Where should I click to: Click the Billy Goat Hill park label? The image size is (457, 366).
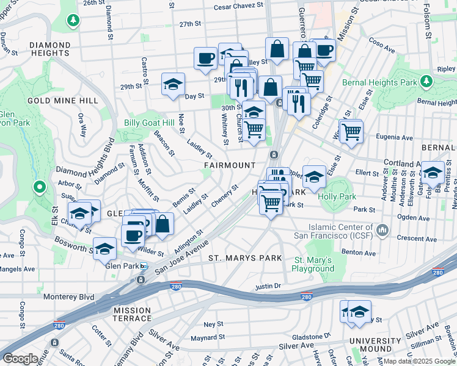click(150, 122)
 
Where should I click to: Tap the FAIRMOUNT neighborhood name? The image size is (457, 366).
click(230, 165)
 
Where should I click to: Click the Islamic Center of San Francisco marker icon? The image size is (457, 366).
click(383, 229)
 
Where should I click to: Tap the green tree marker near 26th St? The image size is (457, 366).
click(73, 21)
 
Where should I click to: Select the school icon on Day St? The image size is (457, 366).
click(174, 84)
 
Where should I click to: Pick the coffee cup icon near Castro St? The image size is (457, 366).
click(206, 58)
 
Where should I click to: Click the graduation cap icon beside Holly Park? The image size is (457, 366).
click(314, 177)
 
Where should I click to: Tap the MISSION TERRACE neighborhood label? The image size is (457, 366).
click(132, 314)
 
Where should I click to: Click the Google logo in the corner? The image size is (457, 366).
click(21, 359)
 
